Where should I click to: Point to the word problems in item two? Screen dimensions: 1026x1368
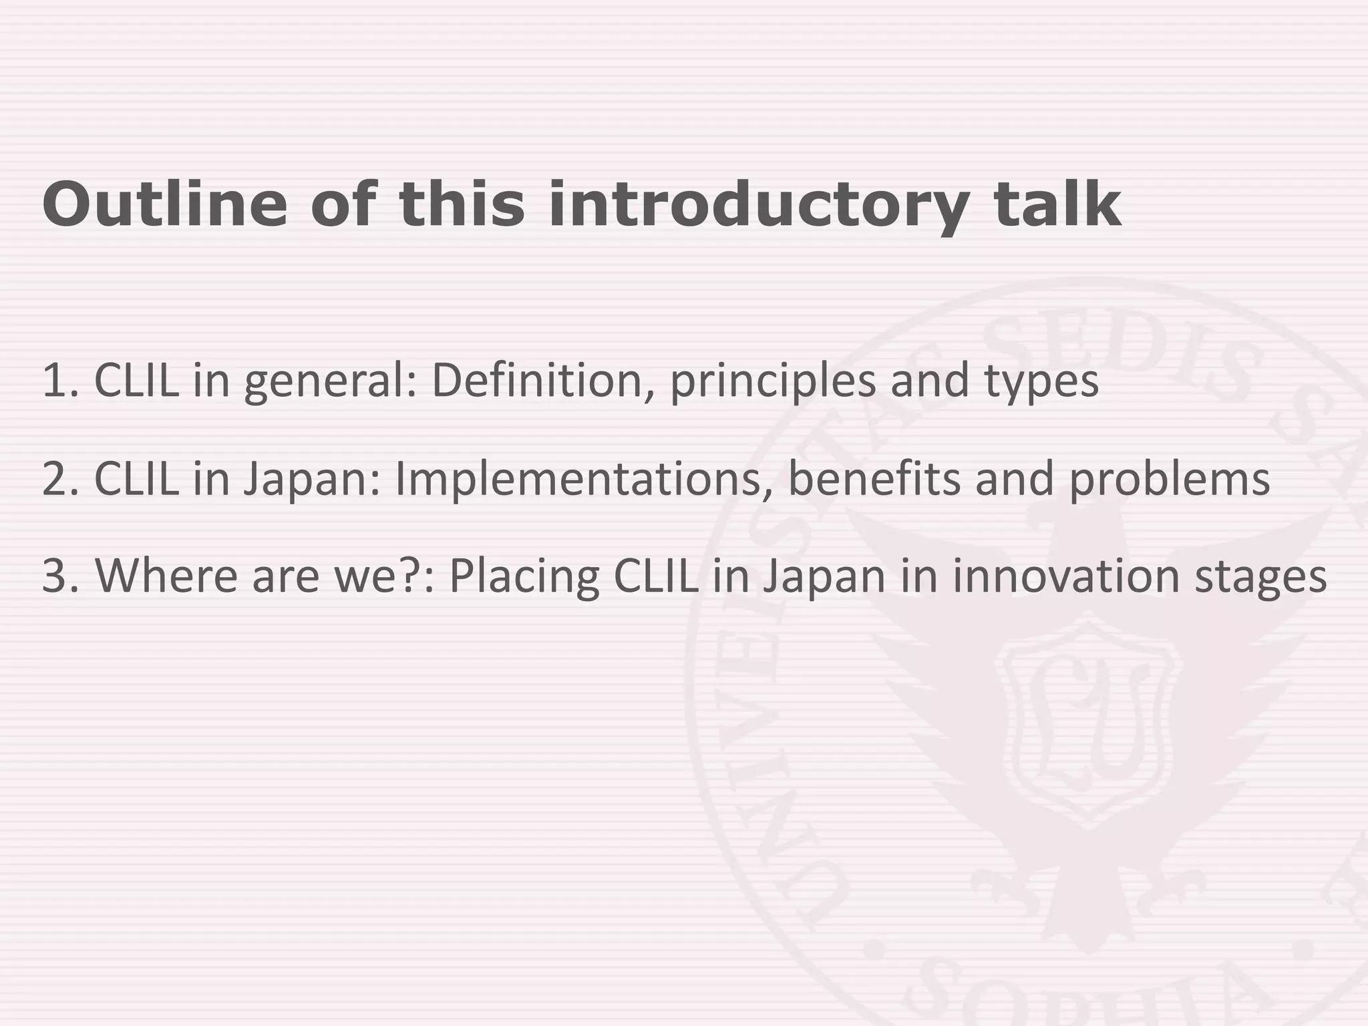click(1169, 480)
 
